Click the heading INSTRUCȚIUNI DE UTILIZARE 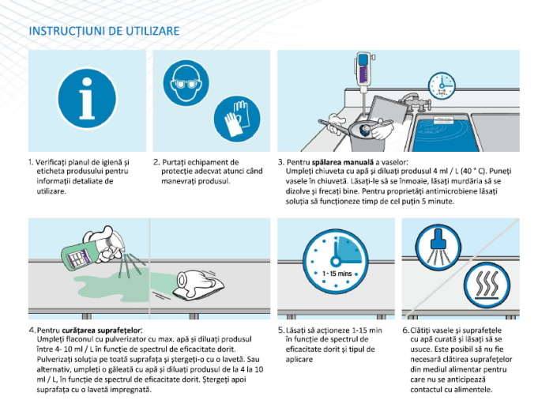(104, 31)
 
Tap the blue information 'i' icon (87, 98)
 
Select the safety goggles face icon (186, 83)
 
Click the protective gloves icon (237, 119)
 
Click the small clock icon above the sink (441, 86)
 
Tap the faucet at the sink (416, 102)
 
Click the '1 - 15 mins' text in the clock (337, 274)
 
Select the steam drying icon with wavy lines (487, 285)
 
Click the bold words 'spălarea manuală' (342, 162)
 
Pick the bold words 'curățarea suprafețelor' (101, 331)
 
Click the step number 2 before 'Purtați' (156, 162)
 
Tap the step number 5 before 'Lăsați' (280, 331)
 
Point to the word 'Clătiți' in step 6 (420, 331)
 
